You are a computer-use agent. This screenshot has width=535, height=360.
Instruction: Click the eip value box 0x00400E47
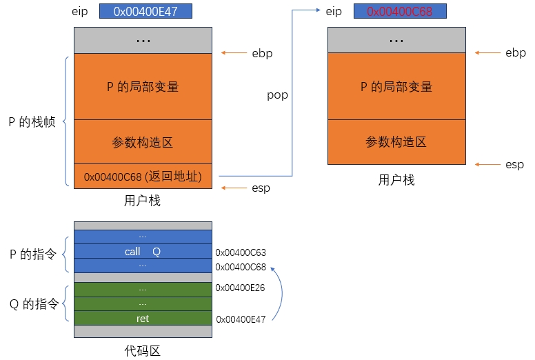(x=145, y=12)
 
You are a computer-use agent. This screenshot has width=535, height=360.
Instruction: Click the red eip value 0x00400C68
(x=399, y=12)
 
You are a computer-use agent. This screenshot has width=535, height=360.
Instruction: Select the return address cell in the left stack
(x=143, y=177)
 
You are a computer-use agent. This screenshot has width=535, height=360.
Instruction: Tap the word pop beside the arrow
(x=277, y=95)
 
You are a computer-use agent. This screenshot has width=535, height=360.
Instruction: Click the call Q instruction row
(x=143, y=252)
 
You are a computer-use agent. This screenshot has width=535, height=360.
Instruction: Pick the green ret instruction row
(x=143, y=319)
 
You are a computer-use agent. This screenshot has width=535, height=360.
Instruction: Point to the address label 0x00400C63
(x=241, y=253)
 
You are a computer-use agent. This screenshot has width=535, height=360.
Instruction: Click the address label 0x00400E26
(x=241, y=288)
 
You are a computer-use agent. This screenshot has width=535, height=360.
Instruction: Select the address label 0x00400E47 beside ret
(x=241, y=319)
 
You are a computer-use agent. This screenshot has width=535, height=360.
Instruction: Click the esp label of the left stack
(x=261, y=188)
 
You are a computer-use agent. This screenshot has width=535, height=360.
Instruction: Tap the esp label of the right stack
(x=514, y=164)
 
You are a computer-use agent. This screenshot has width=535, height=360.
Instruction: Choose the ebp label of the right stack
(x=515, y=53)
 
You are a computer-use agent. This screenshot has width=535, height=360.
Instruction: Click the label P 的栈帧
(x=32, y=122)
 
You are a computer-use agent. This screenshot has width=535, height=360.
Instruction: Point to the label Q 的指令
(x=34, y=304)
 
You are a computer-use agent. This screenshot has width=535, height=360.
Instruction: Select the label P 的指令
(x=34, y=254)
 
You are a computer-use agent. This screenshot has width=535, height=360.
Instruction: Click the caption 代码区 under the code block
(x=143, y=350)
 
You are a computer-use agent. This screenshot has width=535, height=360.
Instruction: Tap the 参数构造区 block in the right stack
(x=396, y=142)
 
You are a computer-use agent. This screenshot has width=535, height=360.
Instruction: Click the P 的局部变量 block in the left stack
(x=143, y=87)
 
